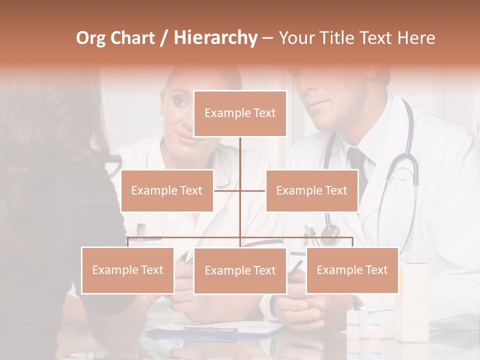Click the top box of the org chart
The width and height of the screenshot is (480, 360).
click(240, 113)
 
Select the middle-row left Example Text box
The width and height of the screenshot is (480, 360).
click(167, 190)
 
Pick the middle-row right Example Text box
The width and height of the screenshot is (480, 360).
click(311, 190)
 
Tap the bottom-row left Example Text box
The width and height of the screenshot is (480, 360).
click(127, 270)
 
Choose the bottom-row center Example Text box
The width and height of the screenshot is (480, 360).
click(240, 270)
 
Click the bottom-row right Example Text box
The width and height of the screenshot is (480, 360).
click(352, 270)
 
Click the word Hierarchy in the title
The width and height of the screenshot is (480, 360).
click(215, 38)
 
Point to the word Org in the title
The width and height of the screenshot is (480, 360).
click(90, 38)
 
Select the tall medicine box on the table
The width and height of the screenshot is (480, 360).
click(415, 300)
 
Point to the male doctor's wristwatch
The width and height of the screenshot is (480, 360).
click(356, 302)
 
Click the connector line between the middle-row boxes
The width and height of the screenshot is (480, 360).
click(239, 190)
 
